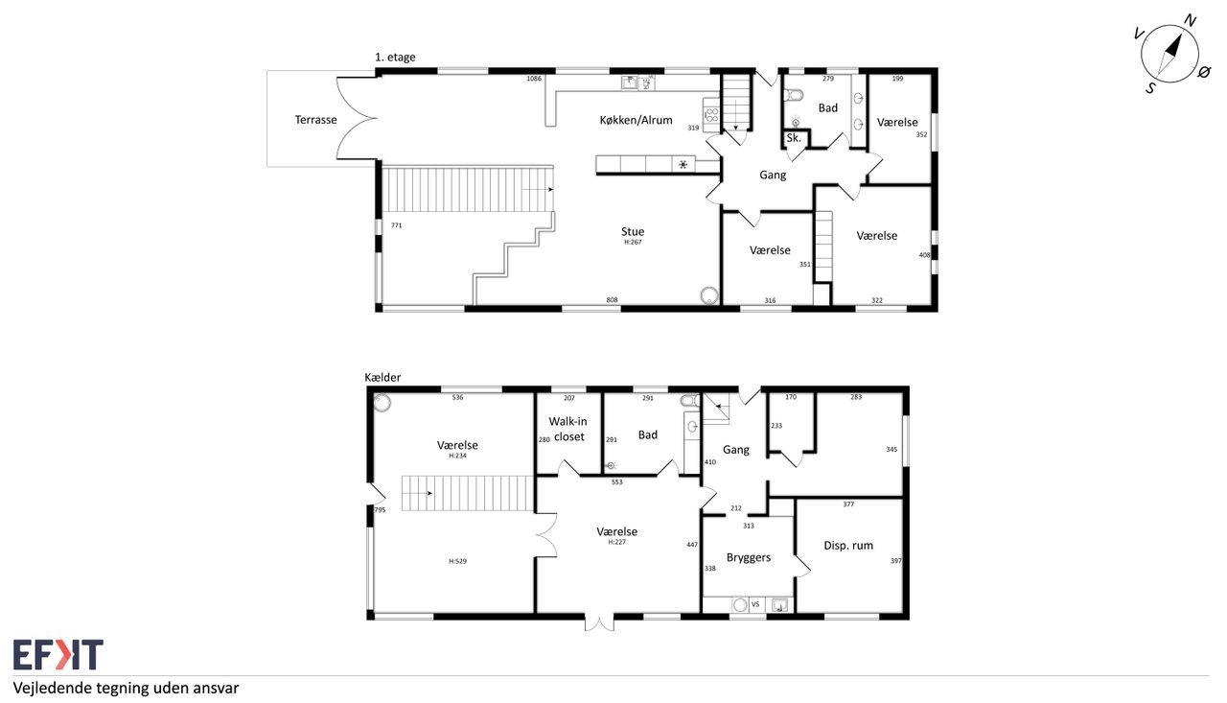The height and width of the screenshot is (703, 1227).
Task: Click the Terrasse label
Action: [x=315, y=120]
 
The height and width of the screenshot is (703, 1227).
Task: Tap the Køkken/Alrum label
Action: [x=636, y=120]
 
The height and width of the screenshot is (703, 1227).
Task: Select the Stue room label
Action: [x=633, y=231]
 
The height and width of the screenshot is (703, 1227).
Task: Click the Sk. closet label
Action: [x=794, y=138]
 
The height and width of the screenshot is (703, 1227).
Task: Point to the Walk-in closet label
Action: [x=568, y=429]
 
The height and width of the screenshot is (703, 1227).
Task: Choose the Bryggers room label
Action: [x=749, y=558]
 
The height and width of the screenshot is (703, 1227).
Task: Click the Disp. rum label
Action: [x=848, y=545]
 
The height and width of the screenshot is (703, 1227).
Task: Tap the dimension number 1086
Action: [x=534, y=79]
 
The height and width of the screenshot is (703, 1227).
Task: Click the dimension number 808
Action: [x=612, y=300]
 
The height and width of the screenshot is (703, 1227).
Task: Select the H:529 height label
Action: [x=457, y=561]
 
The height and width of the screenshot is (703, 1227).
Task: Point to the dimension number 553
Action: [x=616, y=482]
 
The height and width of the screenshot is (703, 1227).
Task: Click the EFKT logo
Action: [x=58, y=654]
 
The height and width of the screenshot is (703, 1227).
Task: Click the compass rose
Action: [x=1170, y=55]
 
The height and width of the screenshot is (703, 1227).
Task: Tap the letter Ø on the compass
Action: [x=1203, y=72]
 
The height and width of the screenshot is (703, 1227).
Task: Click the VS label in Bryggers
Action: [x=755, y=604]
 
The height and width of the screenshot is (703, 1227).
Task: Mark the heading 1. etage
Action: [x=395, y=57]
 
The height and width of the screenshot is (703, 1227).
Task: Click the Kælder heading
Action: [x=382, y=377]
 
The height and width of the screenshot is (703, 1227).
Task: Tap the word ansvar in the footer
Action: [x=218, y=689]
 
